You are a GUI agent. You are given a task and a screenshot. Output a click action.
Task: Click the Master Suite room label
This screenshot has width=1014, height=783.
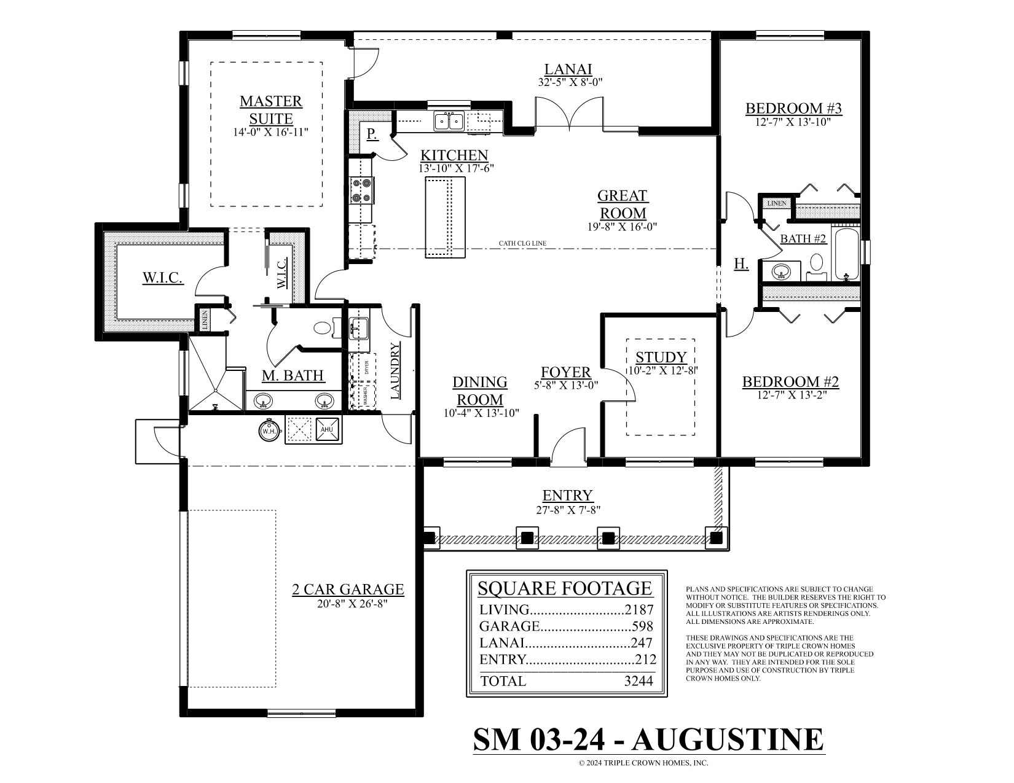271,109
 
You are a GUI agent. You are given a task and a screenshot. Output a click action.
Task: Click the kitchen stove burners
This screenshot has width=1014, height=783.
361,190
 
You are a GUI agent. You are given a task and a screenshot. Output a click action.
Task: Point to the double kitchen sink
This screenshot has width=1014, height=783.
449,121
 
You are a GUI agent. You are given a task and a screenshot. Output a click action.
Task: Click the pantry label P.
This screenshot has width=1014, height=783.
372,134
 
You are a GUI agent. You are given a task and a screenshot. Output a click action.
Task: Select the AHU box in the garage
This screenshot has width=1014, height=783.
326,429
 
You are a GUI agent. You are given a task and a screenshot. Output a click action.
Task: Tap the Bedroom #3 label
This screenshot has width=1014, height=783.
793,109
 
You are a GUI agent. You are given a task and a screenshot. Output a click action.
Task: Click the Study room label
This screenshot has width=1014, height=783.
661,357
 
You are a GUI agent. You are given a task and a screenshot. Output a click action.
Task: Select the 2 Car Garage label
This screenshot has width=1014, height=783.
348,590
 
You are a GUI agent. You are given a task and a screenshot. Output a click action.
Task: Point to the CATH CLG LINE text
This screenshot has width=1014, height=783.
522,244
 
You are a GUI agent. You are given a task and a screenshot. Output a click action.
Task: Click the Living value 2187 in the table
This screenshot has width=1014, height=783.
639,610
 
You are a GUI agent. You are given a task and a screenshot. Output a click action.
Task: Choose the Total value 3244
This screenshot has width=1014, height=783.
637,681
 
